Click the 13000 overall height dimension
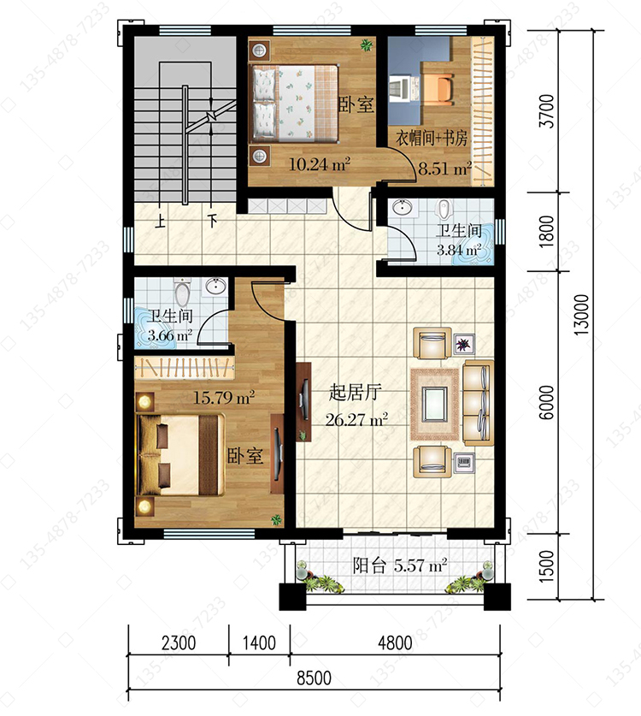tap(581, 315)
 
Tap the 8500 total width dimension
tap(314, 678)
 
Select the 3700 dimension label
tap(547, 111)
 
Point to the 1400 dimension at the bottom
tap(259, 643)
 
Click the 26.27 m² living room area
tap(356, 419)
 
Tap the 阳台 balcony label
tap(369, 566)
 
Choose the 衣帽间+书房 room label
tap(432, 137)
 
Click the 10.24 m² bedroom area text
tap(320, 164)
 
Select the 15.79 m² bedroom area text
tap(224, 397)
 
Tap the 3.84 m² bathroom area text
tap(458, 250)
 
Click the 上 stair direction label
tap(160, 222)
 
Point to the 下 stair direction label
tap(212, 222)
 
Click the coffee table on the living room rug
tap(435, 404)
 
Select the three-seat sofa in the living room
tap(478, 403)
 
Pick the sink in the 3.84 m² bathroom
tap(403, 207)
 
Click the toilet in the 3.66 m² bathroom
tap(182, 293)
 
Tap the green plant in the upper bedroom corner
tap(367, 45)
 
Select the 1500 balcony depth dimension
tap(547, 565)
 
